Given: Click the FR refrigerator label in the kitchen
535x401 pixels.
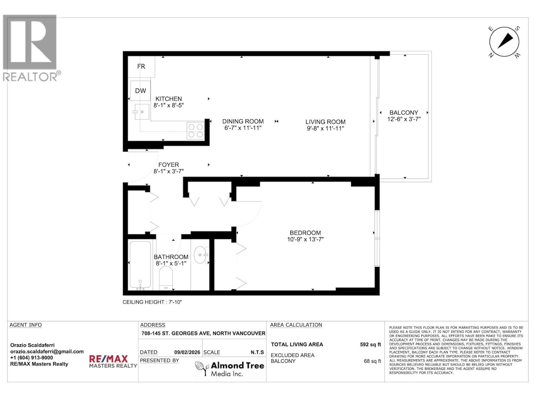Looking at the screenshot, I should click(x=141, y=66).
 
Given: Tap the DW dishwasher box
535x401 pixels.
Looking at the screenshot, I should click(x=140, y=91).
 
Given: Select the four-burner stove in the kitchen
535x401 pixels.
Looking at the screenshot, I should click(x=196, y=131).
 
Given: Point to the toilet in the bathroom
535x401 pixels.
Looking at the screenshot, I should click(x=166, y=277).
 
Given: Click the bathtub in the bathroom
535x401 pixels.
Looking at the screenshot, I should click(x=140, y=265).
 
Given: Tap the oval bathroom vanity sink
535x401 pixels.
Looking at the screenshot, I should click(x=200, y=255).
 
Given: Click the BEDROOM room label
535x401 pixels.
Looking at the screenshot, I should click(x=305, y=233).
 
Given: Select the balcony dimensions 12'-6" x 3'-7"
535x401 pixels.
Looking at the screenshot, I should click(x=404, y=119).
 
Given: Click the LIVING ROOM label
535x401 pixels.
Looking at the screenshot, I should click(x=325, y=122).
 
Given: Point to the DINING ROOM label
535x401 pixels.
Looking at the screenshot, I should click(x=243, y=121).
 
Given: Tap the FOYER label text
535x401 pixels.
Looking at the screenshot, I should click(x=169, y=165).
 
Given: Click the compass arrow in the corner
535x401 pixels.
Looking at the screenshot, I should click(x=505, y=41).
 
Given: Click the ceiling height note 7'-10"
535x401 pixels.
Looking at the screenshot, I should click(x=152, y=302).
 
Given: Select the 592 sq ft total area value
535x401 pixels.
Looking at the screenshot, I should click(x=370, y=345).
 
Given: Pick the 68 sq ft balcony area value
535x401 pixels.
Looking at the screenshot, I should click(x=372, y=361).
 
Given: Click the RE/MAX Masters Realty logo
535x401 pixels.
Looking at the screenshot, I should click(x=113, y=362).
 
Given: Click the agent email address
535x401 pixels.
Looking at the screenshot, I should click(x=47, y=352).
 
